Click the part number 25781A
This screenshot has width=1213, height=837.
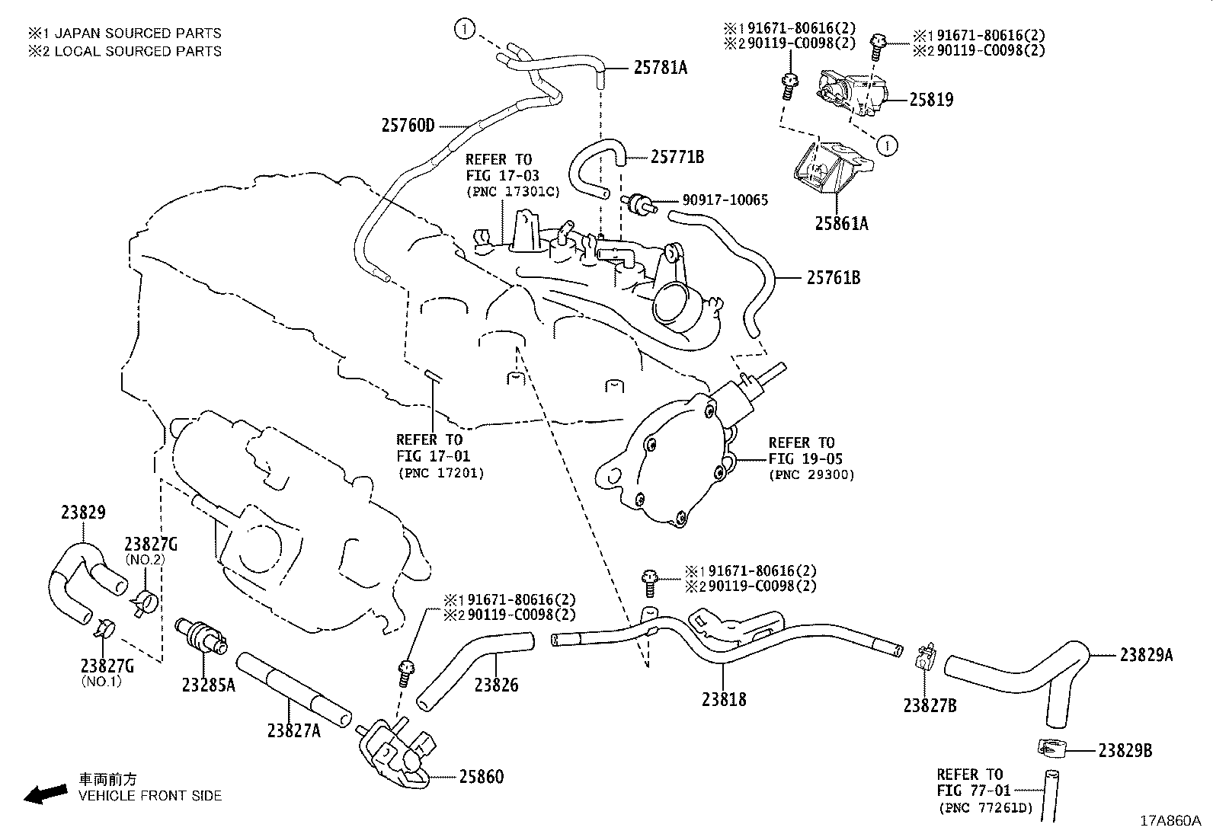660,68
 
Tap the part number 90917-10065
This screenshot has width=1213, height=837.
725,200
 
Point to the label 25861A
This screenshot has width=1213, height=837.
841,223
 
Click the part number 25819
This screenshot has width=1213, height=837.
930,99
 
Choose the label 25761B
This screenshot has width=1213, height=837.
834,278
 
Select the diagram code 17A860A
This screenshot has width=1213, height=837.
1170,821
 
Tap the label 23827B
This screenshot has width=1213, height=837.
930,705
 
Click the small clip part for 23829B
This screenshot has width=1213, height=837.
1051,749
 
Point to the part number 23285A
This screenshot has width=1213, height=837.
208,685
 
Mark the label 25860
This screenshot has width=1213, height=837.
481,777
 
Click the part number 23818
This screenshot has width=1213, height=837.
723,698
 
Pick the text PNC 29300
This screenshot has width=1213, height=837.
811,474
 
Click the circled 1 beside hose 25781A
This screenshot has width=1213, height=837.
466,29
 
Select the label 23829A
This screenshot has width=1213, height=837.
1146,654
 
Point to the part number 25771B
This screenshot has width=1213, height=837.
677,158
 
